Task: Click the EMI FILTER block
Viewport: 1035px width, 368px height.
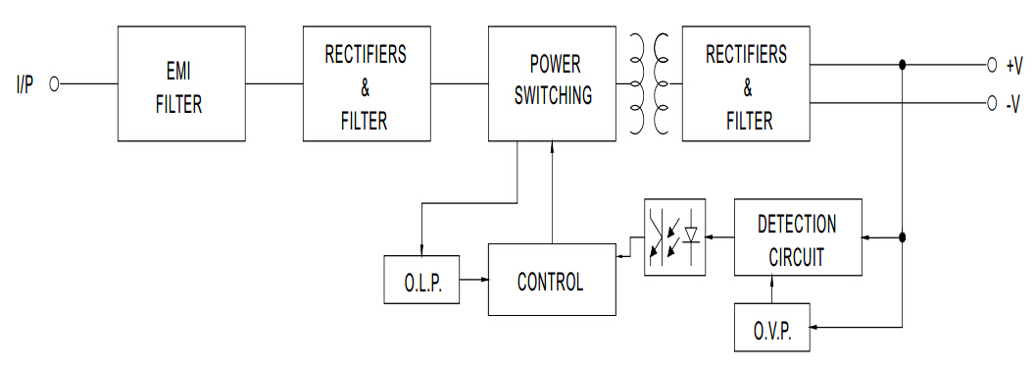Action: click(x=181, y=83)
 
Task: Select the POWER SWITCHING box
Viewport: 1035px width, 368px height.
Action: click(x=553, y=83)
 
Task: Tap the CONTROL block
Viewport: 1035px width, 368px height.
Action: click(x=552, y=282)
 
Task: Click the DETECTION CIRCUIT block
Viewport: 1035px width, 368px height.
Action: click(x=798, y=239)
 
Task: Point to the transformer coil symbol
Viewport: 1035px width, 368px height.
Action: click(x=650, y=83)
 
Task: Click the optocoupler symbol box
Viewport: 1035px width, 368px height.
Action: click(x=674, y=237)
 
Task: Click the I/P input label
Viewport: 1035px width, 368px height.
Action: click(x=25, y=84)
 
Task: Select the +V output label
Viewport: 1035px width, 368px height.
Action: click(x=1013, y=66)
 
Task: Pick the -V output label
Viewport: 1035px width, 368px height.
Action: click(x=1013, y=102)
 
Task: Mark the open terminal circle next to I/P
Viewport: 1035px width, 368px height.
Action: click(x=54, y=84)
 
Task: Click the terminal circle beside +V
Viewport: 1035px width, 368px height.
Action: click(x=992, y=66)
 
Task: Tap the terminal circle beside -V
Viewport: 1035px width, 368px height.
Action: click(x=992, y=102)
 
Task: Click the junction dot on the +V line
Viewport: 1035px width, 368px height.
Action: click(x=902, y=66)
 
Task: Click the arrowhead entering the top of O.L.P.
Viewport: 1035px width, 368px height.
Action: click(x=421, y=249)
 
